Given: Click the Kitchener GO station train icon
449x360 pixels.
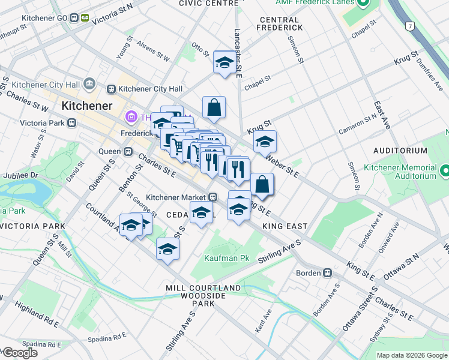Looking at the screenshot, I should [75, 18].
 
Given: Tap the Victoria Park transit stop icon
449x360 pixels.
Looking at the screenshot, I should [72, 123].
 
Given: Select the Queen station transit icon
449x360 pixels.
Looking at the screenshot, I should [127, 152].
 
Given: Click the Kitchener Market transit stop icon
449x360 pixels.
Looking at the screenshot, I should [212, 197].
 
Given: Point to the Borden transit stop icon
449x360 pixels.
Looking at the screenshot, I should [327, 273].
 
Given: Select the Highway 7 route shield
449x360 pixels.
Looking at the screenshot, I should [409, 26].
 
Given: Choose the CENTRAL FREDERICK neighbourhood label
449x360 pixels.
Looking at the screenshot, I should [279, 23].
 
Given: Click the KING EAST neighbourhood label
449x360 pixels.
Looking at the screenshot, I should [285, 226].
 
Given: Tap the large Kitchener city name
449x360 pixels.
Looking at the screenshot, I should [86, 106].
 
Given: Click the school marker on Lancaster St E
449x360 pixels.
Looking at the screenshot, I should [224, 62].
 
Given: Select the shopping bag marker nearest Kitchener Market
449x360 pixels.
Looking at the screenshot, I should [262, 184].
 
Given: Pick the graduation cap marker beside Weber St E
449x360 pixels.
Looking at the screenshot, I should [264, 142].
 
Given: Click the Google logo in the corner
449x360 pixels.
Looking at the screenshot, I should [19, 353].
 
